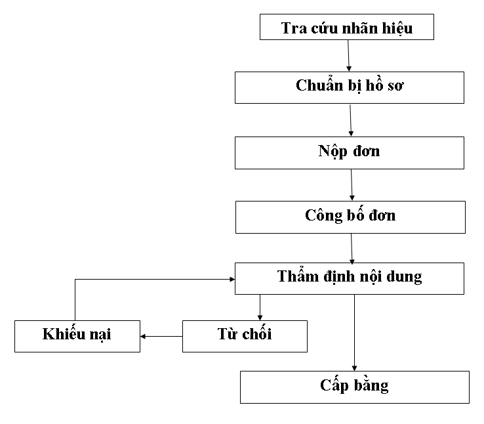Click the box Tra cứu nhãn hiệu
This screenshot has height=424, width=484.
(x=347, y=28)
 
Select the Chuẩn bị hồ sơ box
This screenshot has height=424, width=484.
(x=350, y=87)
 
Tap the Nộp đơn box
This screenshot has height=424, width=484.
(x=350, y=152)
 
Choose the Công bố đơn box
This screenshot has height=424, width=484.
(x=350, y=216)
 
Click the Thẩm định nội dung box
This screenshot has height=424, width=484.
(x=350, y=278)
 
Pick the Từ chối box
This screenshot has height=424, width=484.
(x=244, y=335)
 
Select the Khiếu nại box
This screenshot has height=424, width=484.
(x=77, y=335)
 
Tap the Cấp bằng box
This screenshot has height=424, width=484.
(x=354, y=387)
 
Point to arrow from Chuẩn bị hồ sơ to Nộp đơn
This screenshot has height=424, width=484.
(x=351, y=119)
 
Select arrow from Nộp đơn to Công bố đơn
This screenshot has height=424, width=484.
(x=352, y=184)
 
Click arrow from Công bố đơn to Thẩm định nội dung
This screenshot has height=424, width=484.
(x=352, y=247)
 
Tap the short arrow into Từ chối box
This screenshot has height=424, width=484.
(x=260, y=307)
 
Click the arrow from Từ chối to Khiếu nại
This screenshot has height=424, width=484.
(x=161, y=336)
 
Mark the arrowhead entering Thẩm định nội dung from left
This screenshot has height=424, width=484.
(x=230, y=279)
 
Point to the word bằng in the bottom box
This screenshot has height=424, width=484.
(x=372, y=385)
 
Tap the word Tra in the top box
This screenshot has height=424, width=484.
(x=292, y=28)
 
